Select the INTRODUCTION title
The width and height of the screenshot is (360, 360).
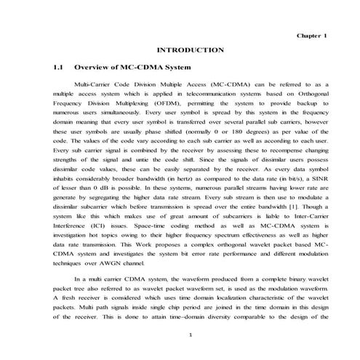(190, 50)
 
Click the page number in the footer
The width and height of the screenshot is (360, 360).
(189, 335)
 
